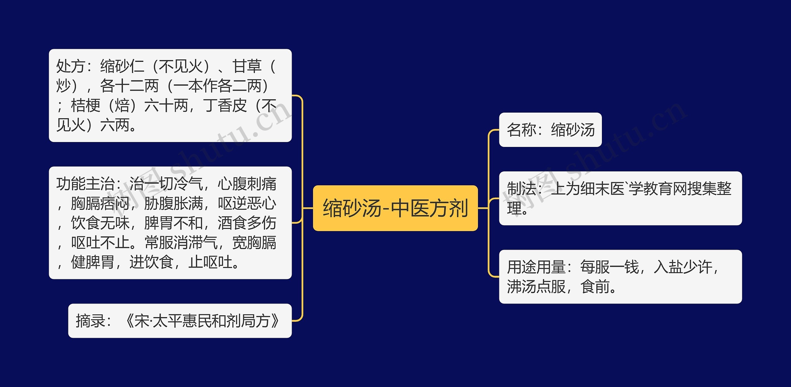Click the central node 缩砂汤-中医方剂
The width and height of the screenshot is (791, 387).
coord(395,208)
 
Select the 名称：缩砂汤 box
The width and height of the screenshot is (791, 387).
coord(550,130)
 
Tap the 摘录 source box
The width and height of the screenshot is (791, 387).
coord(180,320)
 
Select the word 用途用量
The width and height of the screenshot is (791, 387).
coord(536,267)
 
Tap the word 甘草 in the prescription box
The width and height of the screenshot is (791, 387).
coord(247,66)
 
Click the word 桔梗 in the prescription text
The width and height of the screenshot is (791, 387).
coord(86,105)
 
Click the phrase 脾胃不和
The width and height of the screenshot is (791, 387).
coord(173,223)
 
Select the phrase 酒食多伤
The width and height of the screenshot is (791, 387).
coord(247,223)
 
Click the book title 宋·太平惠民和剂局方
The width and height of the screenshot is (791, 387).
coord(203,320)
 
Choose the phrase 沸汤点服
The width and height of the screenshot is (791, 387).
coord(536,286)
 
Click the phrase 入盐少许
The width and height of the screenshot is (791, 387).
coord(683,267)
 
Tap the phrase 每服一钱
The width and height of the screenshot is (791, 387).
coord(609,267)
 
